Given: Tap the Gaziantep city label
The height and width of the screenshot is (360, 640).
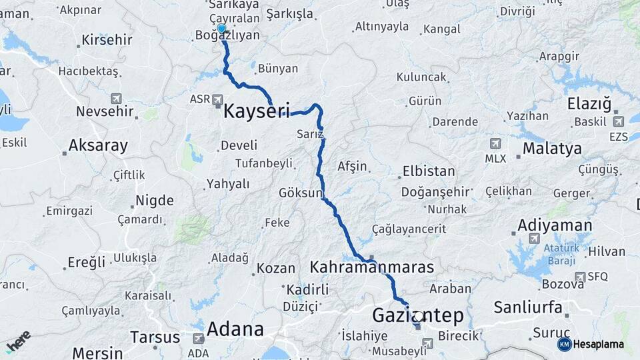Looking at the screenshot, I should [x=417, y=315].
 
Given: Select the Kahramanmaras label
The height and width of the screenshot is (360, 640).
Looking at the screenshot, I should [x=371, y=267].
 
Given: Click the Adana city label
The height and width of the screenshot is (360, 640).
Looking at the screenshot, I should [x=235, y=329].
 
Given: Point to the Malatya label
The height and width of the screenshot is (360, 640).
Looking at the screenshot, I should [x=552, y=148].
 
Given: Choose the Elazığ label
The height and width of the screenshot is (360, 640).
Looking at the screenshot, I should [x=589, y=104].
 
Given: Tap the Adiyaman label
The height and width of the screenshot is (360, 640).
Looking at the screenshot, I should [x=554, y=225].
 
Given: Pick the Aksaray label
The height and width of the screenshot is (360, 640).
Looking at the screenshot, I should [x=98, y=145].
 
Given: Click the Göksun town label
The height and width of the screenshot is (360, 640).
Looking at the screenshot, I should [x=300, y=193].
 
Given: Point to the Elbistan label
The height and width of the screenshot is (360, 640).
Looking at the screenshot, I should [x=429, y=171].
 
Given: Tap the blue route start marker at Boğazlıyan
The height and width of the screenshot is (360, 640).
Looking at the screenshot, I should [x=221, y=29].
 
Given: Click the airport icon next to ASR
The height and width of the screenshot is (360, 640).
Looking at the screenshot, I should [x=218, y=99].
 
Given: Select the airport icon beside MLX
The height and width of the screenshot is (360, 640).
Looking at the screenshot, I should [x=495, y=143].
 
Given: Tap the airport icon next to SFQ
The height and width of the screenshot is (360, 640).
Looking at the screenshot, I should [x=580, y=276].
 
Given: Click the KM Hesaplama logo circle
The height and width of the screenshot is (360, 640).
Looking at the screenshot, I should [x=565, y=344].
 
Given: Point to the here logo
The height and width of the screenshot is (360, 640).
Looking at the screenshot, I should [x=18, y=341].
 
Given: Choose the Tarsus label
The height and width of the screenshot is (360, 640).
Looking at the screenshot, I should [x=155, y=337].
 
